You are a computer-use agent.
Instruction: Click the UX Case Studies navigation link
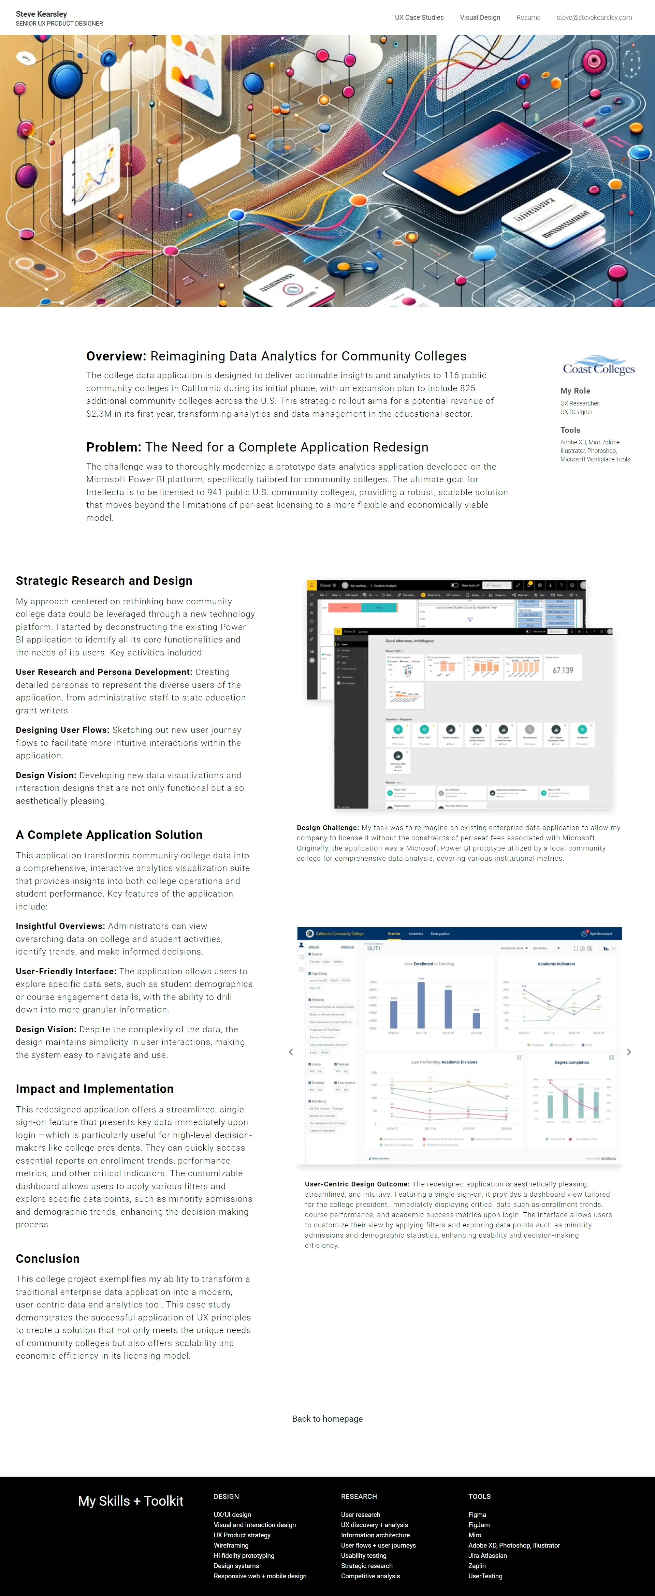(419, 17)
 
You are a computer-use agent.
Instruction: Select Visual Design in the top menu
(480, 17)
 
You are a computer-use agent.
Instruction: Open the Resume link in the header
(528, 17)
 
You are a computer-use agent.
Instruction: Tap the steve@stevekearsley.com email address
(594, 17)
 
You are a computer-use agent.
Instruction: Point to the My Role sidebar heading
(575, 391)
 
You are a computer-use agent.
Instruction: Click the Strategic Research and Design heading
(104, 580)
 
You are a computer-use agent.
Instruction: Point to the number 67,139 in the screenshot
(563, 670)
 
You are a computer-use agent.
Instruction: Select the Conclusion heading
(48, 1258)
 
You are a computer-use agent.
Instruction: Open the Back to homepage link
(327, 1419)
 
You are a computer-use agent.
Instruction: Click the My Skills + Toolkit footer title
(131, 1501)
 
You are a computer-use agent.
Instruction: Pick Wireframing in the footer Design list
(231, 1545)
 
